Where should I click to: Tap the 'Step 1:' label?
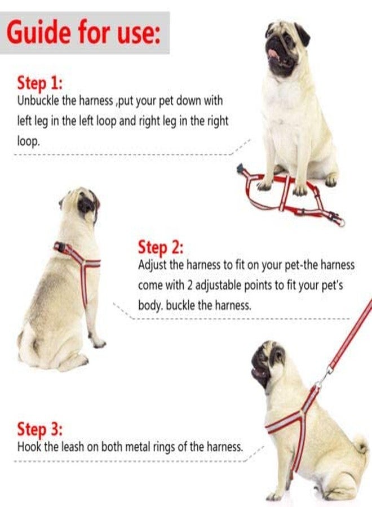tap(39, 83)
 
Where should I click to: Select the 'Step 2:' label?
tap(160, 247)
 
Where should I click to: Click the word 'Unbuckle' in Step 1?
tap(36, 101)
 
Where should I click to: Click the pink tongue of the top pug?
tap(273, 54)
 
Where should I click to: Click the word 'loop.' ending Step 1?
tap(29, 141)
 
